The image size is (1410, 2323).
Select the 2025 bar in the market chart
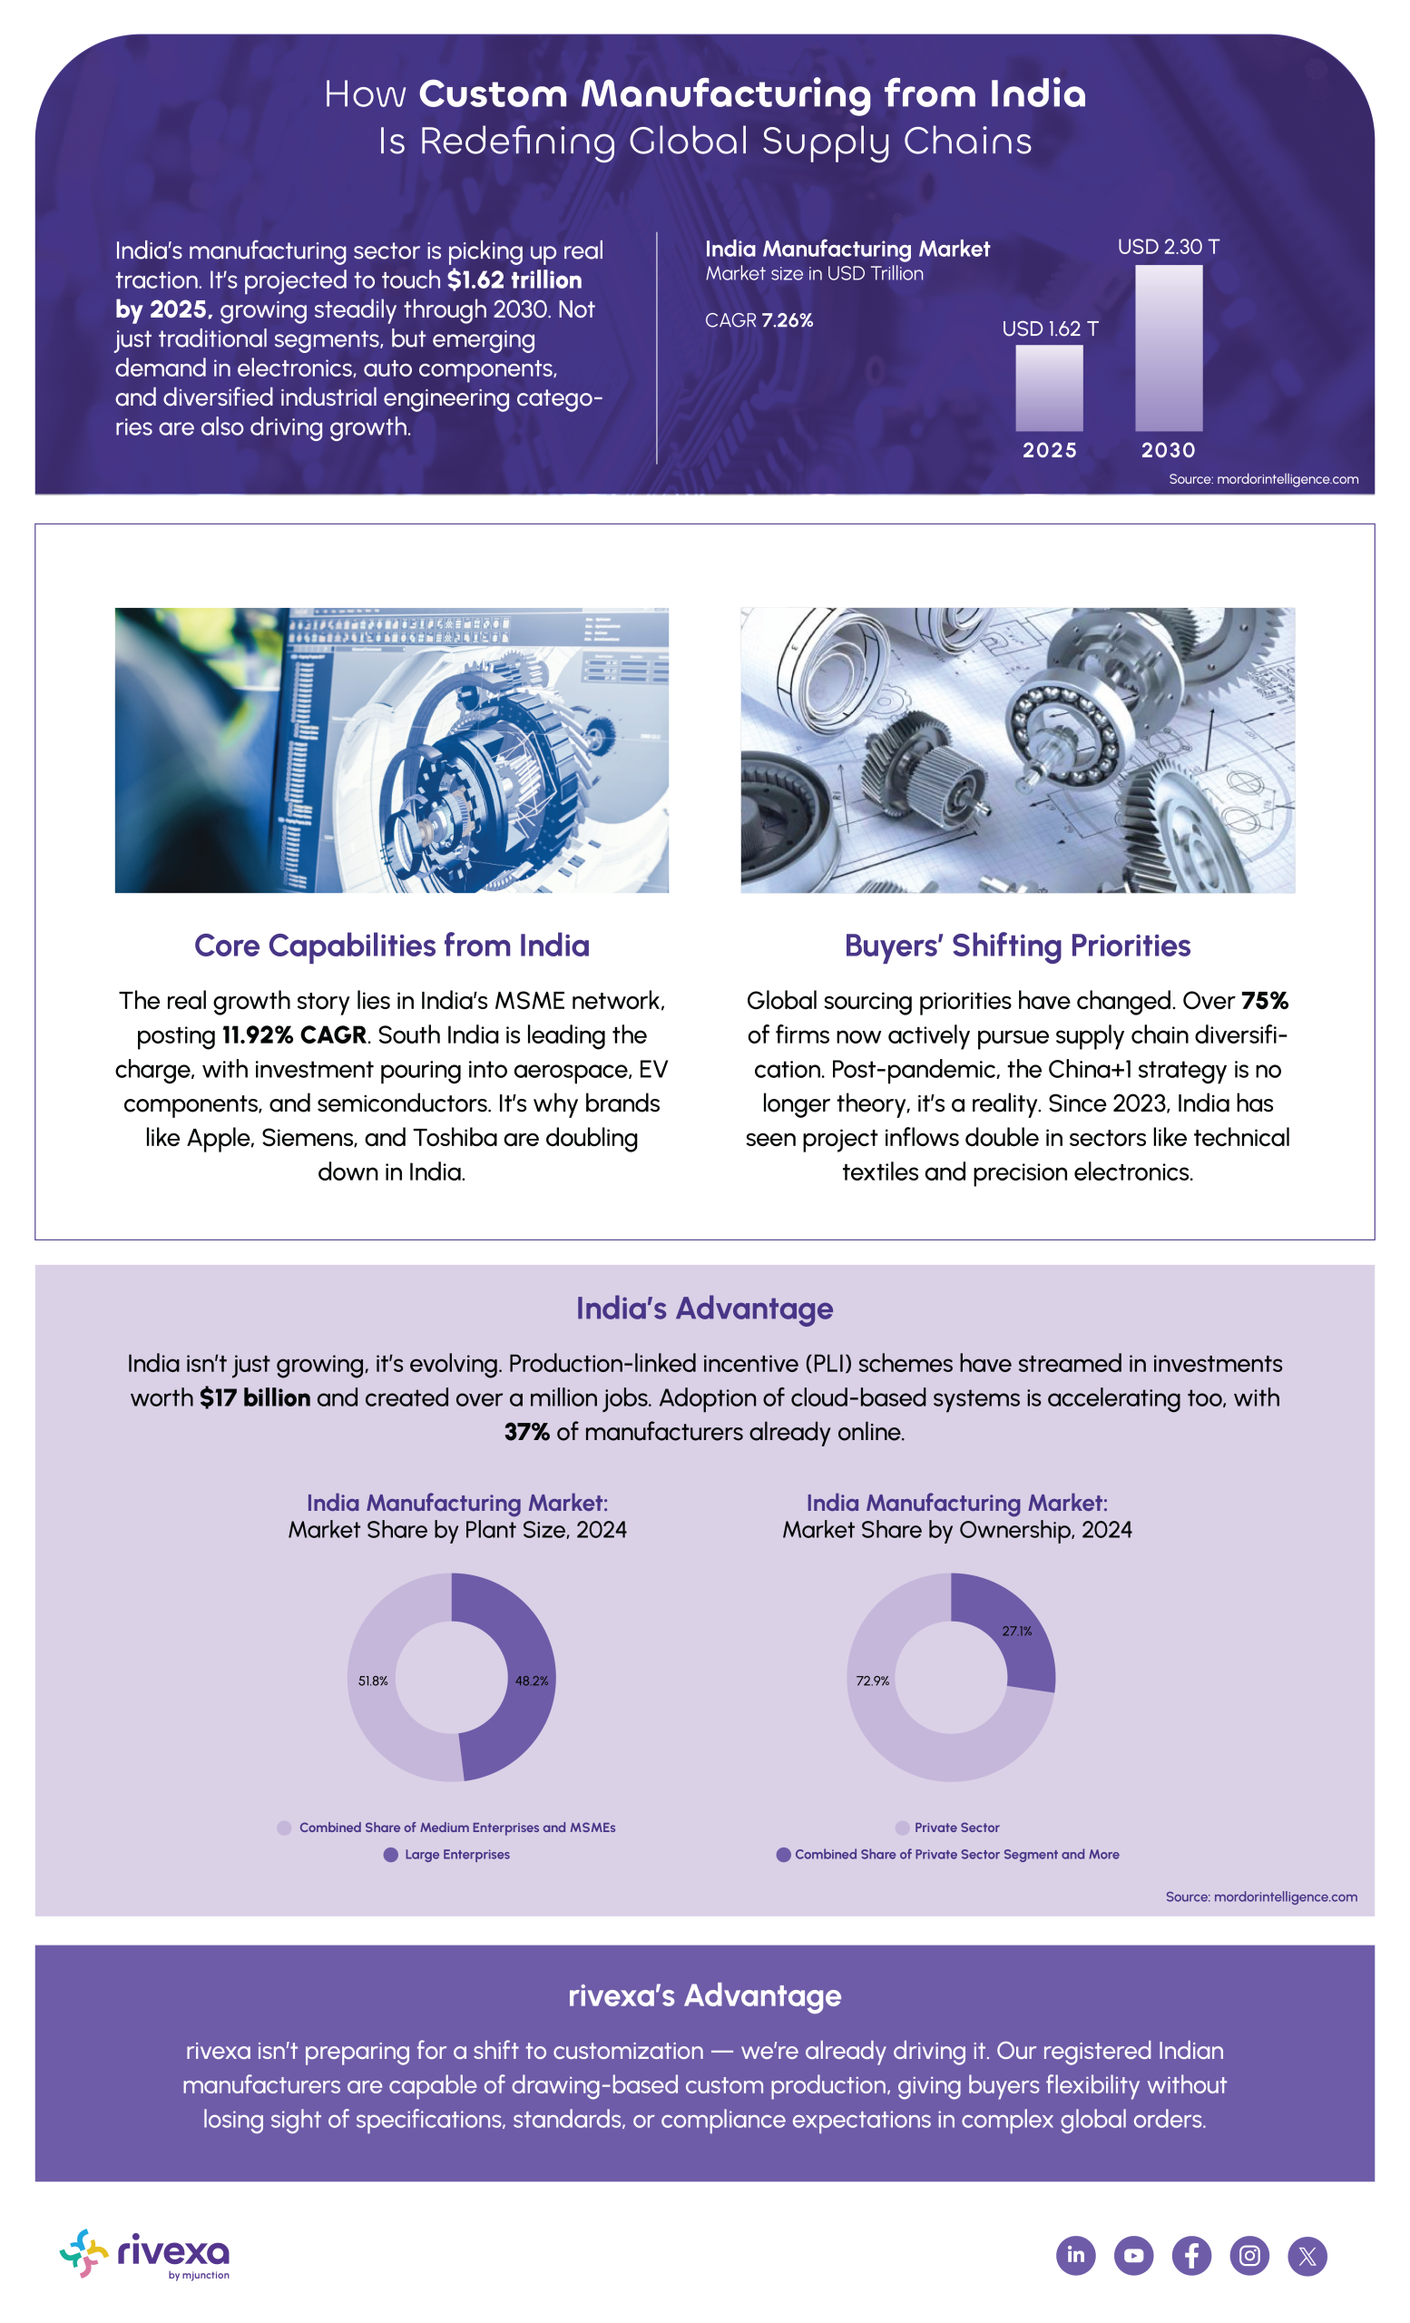[1048, 387]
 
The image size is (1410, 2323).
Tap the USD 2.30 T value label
[1168, 247]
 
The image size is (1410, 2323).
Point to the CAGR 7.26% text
[759, 320]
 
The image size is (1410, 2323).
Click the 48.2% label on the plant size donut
[532, 1680]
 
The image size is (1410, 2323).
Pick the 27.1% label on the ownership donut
[1017, 1630]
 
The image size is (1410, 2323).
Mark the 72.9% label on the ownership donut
[873, 1680]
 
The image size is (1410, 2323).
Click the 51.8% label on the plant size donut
[373, 1680]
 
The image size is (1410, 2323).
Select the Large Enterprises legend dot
[391, 1854]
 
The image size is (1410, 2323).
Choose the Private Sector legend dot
[902, 1828]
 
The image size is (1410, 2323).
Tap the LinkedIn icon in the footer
[1075, 2255]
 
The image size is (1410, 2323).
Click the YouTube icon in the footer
[1134, 2255]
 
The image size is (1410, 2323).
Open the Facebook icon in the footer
[1191, 2255]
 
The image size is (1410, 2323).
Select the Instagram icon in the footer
[1249, 2255]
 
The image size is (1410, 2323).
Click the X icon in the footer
[1307, 2255]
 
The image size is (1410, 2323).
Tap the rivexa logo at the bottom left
[145, 2253]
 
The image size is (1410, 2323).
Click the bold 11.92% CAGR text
[294, 1035]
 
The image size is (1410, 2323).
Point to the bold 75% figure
[1264, 1000]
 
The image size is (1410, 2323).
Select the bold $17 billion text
[254, 1397]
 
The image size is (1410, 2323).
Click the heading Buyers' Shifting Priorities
[1017, 946]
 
